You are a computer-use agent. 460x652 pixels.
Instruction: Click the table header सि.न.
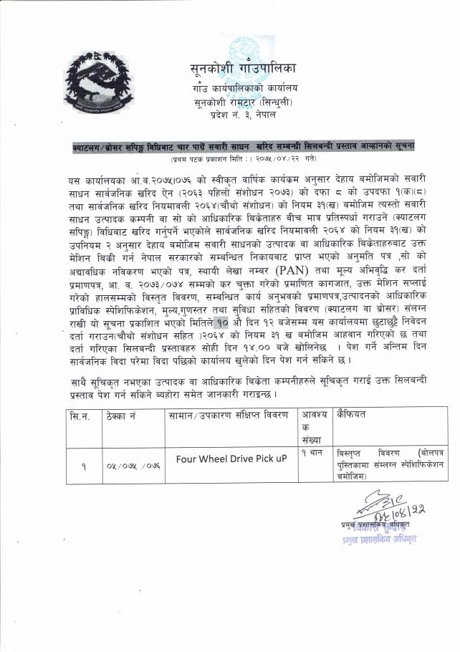pos(80,416)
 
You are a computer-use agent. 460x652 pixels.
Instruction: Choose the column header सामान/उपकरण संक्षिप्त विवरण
pos(228,416)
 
